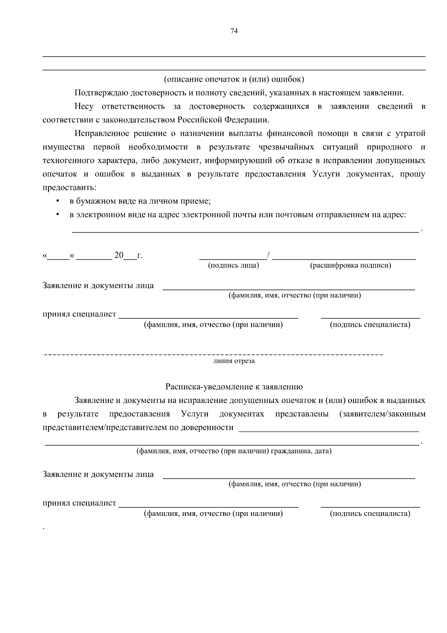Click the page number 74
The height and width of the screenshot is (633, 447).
coord(234,31)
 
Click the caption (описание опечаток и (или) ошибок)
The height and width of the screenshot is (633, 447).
coord(234,79)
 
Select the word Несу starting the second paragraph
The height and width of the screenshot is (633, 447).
coord(84,106)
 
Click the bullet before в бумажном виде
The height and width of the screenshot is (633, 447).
coord(57,201)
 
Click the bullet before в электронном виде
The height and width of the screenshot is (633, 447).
coord(57,215)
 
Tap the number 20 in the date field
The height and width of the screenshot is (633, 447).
coord(119,256)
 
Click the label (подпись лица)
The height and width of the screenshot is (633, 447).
coord(234,266)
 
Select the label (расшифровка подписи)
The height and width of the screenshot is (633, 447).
coord(350,266)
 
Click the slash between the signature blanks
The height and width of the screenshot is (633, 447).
coord(269,256)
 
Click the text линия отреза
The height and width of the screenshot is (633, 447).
coord(234,361)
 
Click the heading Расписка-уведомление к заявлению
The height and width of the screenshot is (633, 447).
coord(234,387)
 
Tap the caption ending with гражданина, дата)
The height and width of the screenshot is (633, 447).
coord(234,451)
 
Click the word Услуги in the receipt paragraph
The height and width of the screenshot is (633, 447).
coord(194,414)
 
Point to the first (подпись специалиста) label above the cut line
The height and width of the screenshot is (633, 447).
coord(370,325)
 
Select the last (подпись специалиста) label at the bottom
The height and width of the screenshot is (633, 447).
coord(370,514)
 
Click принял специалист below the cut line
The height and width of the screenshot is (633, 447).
coord(79,503)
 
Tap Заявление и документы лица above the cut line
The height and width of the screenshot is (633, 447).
coord(98,286)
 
